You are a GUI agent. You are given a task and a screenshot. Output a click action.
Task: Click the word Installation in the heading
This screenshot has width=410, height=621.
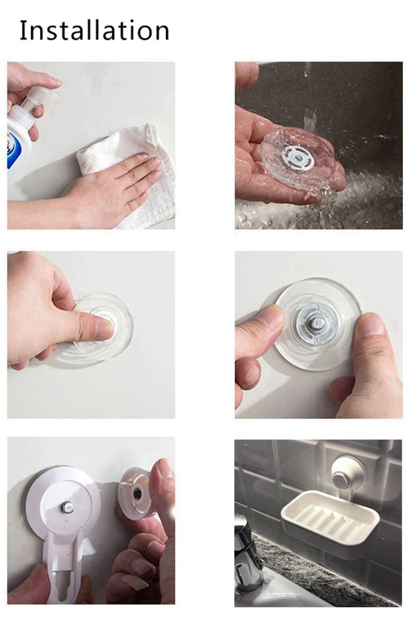pos(94,31)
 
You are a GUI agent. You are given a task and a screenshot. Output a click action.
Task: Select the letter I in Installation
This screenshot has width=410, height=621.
pos(23,31)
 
